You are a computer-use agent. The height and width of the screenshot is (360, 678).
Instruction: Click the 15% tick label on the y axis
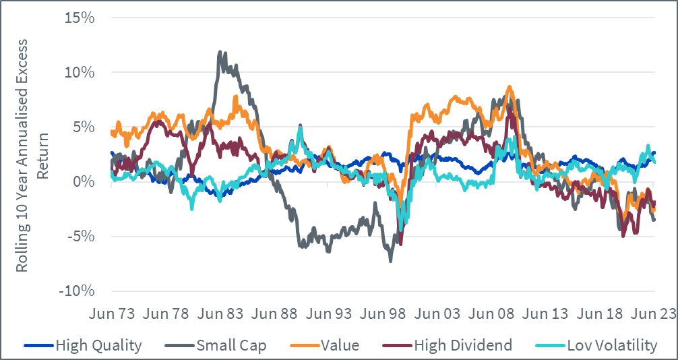click(80, 17)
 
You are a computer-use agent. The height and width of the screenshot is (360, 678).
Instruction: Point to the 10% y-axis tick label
click(80, 72)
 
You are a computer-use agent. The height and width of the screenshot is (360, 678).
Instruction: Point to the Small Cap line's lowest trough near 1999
click(391, 260)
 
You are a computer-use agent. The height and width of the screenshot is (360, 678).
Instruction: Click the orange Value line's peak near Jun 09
click(510, 87)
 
